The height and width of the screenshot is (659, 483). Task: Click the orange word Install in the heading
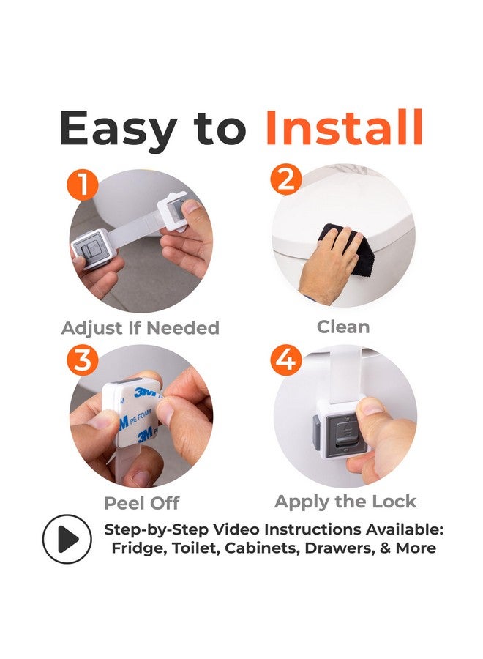(344, 127)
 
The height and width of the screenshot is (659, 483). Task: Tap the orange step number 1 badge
(82, 184)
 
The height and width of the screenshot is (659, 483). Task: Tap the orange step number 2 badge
(286, 179)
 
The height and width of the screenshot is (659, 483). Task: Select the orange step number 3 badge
(82, 360)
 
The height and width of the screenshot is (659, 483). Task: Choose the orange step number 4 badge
(286, 360)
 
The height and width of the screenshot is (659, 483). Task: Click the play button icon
(67, 539)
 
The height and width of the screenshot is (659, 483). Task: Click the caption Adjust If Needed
(141, 328)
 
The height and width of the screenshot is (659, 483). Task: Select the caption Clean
(343, 327)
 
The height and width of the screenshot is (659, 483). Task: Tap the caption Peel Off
(141, 502)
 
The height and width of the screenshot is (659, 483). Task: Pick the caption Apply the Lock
(345, 502)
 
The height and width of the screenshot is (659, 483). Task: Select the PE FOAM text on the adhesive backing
(141, 416)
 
